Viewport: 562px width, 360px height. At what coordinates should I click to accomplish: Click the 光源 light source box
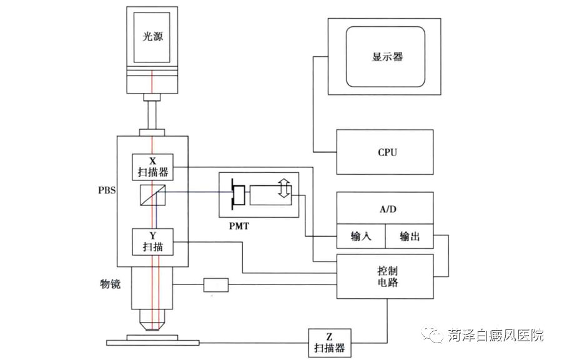click(x=151, y=38)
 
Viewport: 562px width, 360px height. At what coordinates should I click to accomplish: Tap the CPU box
click(x=385, y=152)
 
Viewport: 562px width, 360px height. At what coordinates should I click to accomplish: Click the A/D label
click(x=385, y=207)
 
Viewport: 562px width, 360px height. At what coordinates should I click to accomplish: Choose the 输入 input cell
click(x=361, y=236)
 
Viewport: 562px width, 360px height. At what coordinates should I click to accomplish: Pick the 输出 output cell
click(x=409, y=236)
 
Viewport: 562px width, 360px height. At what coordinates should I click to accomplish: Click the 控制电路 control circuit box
click(x=385, y=276)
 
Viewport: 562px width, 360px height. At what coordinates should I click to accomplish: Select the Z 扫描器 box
click(x=330, y=342)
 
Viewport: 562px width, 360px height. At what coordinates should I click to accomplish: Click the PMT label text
click(x=239, y=226)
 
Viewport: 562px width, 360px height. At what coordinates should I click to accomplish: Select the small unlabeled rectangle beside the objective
click(x=216, y=285)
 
